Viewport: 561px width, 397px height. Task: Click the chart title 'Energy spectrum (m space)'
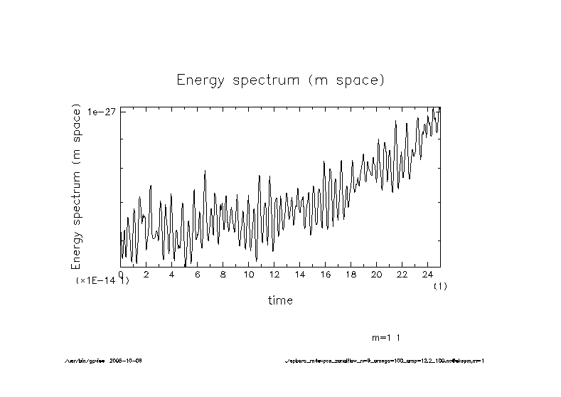(280, 80)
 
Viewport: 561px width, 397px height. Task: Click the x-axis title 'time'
(280, 300)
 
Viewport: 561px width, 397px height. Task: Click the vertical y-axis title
(77, 186)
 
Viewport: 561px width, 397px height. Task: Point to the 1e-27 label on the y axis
(102, 112)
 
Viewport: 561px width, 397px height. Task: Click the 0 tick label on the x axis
(121, 274)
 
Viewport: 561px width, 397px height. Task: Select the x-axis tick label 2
(146, 274)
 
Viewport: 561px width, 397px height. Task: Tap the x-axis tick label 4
(171, 274)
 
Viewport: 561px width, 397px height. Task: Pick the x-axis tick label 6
(197, 274)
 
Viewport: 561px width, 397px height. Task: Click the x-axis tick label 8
(223, 274)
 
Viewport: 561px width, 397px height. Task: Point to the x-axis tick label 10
(248, 274)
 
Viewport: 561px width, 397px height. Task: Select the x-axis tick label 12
(274, 274)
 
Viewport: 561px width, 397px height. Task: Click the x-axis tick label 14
(299, 274)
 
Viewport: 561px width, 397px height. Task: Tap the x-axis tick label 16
(325, 274)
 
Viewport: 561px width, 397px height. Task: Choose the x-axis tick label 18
(351, 274)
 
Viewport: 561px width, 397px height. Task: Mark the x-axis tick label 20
(376, 274)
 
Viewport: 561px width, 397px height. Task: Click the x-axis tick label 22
(402, 274)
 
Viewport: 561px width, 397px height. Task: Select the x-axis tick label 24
(427, 274)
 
